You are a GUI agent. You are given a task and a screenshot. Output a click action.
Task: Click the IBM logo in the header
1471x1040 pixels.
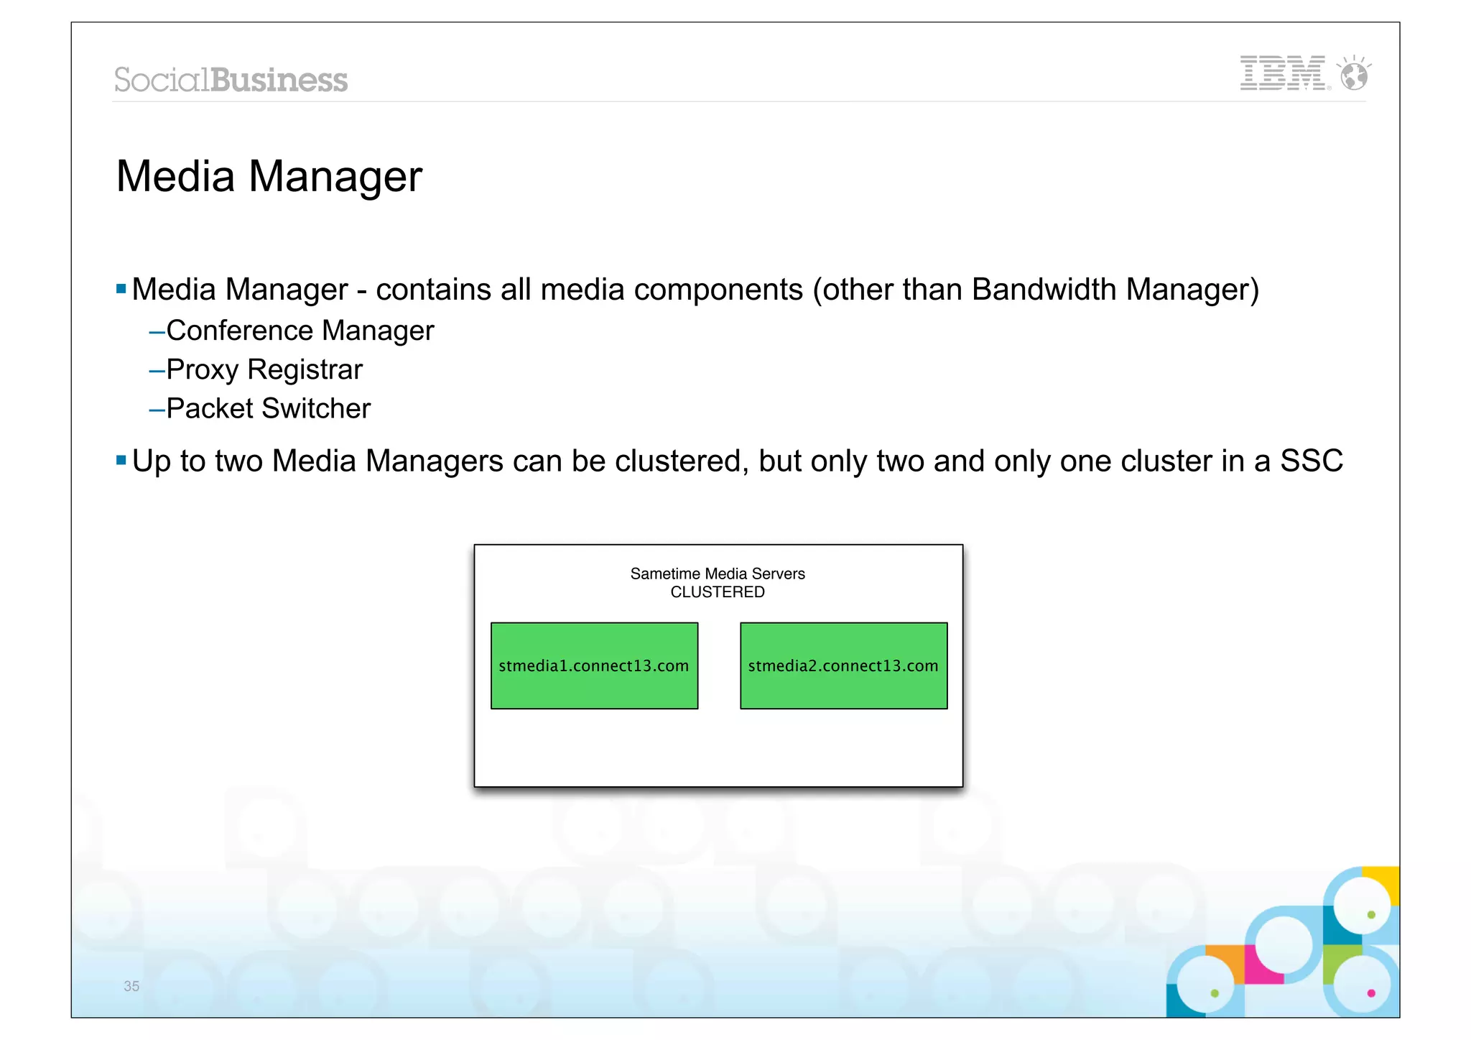[x=1283, y=73]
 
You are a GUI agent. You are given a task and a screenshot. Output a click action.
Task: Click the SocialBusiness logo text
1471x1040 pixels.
[x=231, y=80]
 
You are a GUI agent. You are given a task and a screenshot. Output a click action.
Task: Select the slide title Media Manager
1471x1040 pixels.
[x=269, y=177]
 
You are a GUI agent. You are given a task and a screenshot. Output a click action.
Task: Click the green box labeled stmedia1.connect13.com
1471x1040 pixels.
[x=594, y=666]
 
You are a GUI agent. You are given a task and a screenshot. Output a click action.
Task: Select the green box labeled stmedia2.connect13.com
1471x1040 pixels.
[x=843, y=666]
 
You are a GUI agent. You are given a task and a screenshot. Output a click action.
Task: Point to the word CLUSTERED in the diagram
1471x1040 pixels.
[x=718, y=592]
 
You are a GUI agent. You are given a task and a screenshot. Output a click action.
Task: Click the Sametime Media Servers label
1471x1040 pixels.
[x=718, y=574]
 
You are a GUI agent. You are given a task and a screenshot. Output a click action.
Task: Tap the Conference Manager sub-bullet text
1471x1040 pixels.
[x=300, y=331]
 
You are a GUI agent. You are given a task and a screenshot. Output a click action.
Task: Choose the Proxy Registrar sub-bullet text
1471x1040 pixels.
[x=264, y=369]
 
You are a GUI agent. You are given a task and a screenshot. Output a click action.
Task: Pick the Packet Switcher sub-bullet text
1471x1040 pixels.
[x=269, y=408]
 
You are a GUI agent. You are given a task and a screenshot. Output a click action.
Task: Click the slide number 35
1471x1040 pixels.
[x=131, y=986]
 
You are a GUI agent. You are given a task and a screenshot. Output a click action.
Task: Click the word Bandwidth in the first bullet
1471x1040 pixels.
[x=1044, y=290]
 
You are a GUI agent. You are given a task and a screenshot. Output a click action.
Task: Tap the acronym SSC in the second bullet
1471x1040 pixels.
[x=1312, y=461]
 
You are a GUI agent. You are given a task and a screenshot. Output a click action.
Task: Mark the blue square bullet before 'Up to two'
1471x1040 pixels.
[x=121, y=460]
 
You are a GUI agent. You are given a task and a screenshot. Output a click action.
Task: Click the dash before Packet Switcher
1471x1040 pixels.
[x=157, y=410]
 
